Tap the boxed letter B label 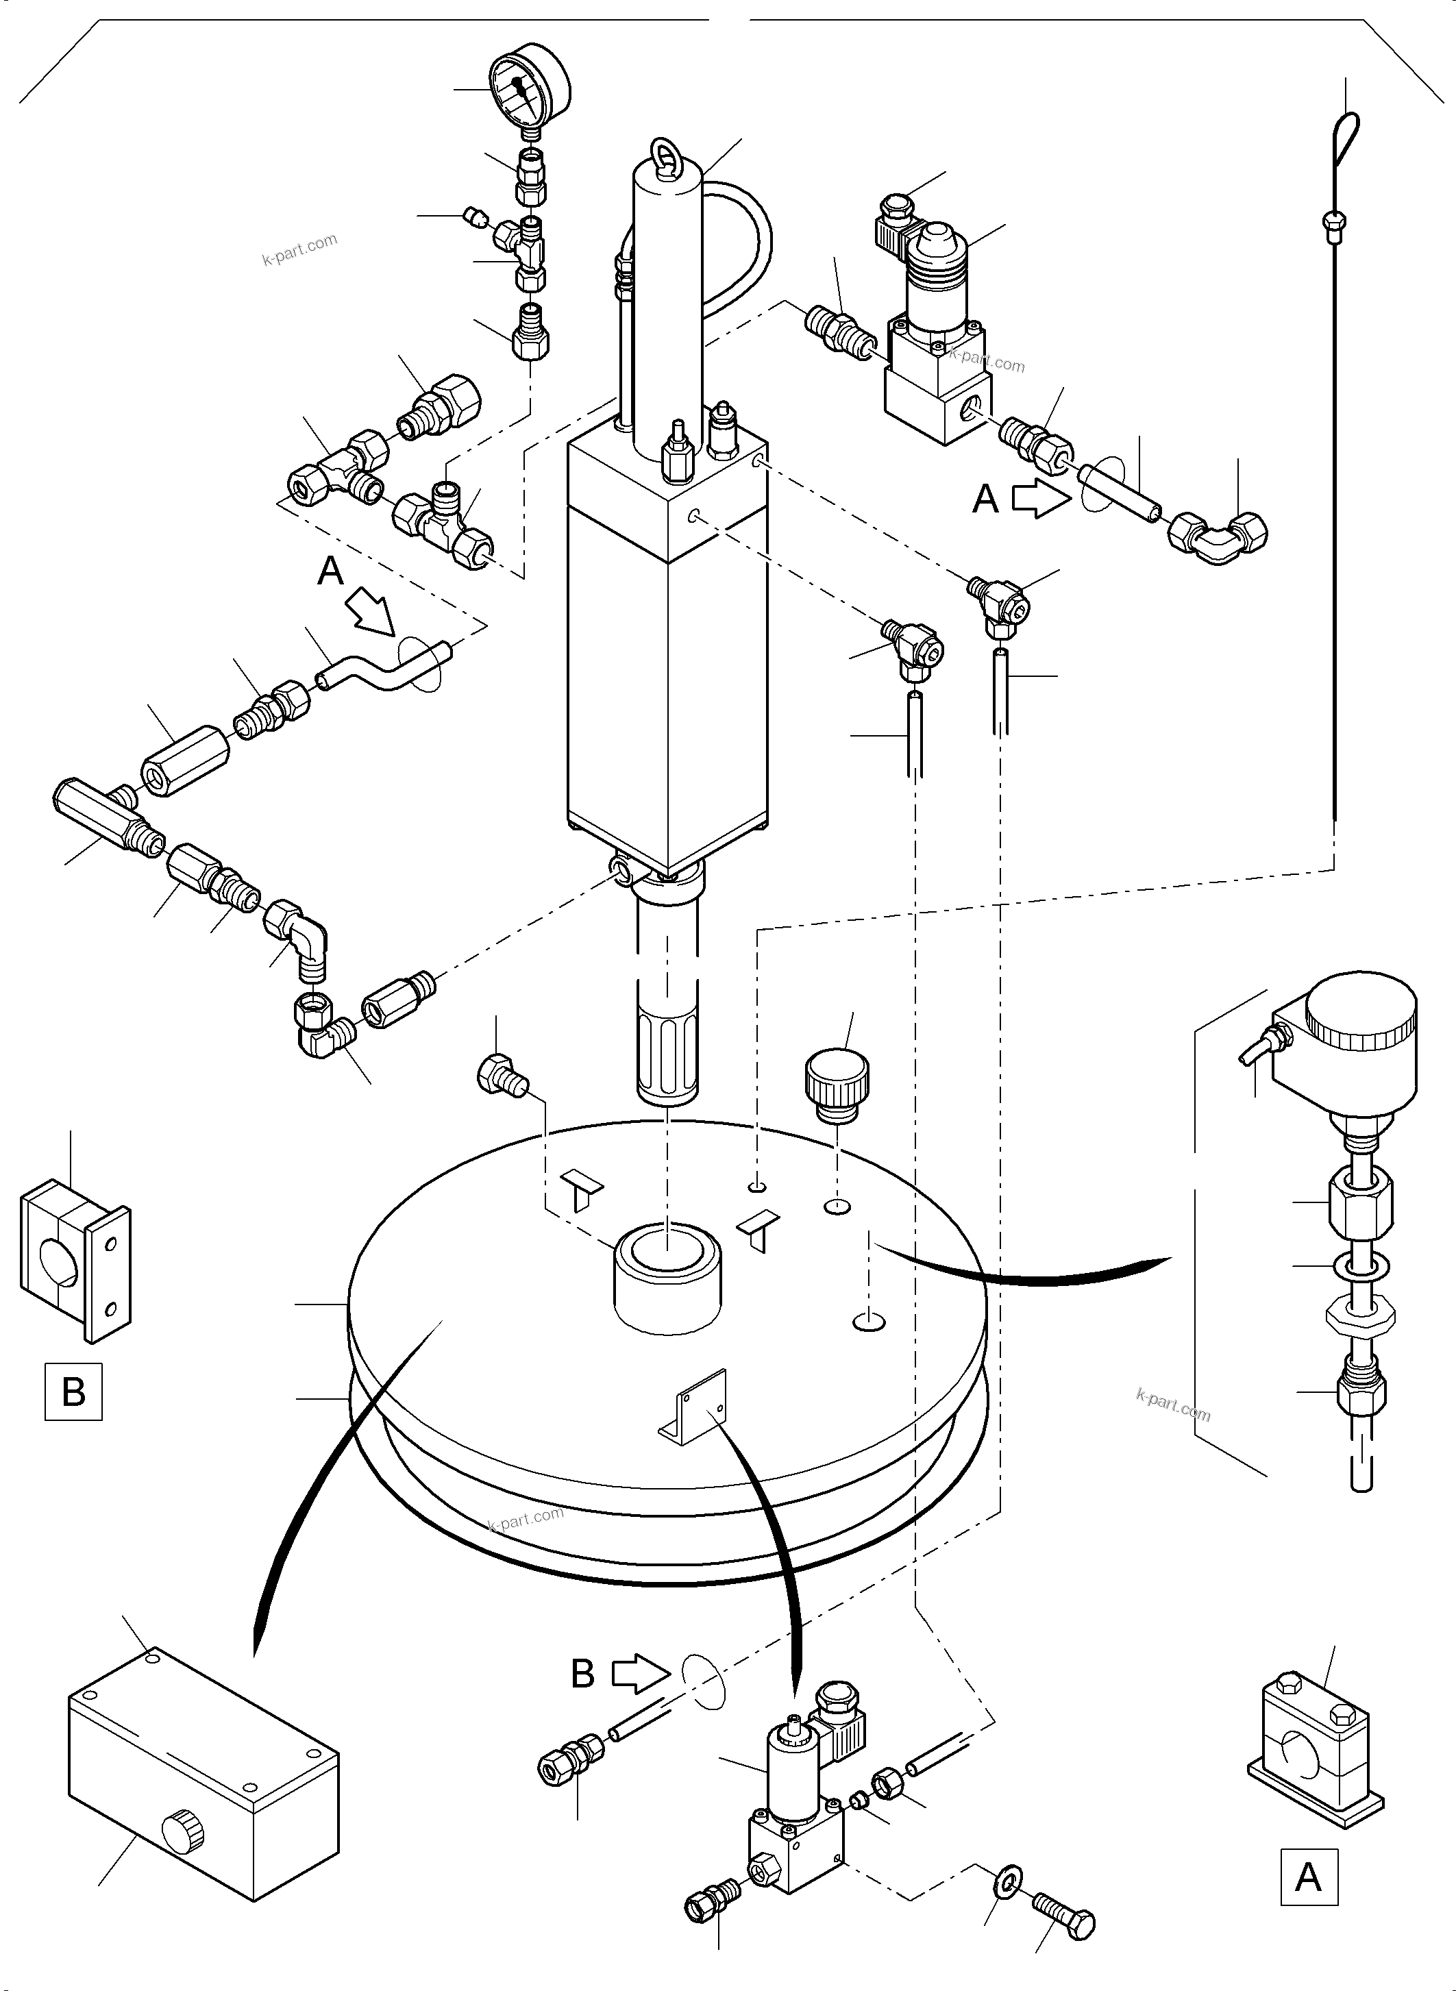tap(73, 1392)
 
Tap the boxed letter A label tap(1308, 1877)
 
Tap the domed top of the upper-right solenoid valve tap(941, 238)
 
